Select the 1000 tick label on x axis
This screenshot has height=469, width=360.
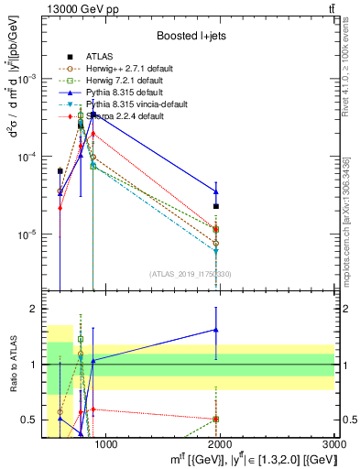point(106,445)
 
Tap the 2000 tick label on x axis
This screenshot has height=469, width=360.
point(221,445)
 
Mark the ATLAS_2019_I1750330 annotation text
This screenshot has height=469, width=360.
point(190,274)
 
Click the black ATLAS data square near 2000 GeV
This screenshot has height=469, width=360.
point(216,206)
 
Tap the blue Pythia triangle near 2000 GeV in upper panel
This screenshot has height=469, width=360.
point(216,191)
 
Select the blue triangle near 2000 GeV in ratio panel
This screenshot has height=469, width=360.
point(216,330)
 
